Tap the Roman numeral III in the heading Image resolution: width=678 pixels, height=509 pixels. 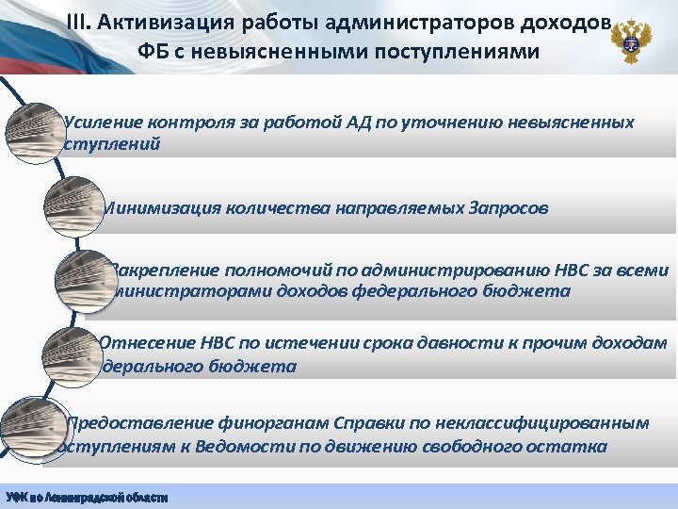[80, 22]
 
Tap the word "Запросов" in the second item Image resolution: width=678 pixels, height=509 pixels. [507, 207]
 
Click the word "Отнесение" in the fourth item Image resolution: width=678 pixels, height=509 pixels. [145, 342]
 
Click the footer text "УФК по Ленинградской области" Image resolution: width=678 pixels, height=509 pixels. [87, 497]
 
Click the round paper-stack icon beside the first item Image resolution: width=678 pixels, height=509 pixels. [34, 131]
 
